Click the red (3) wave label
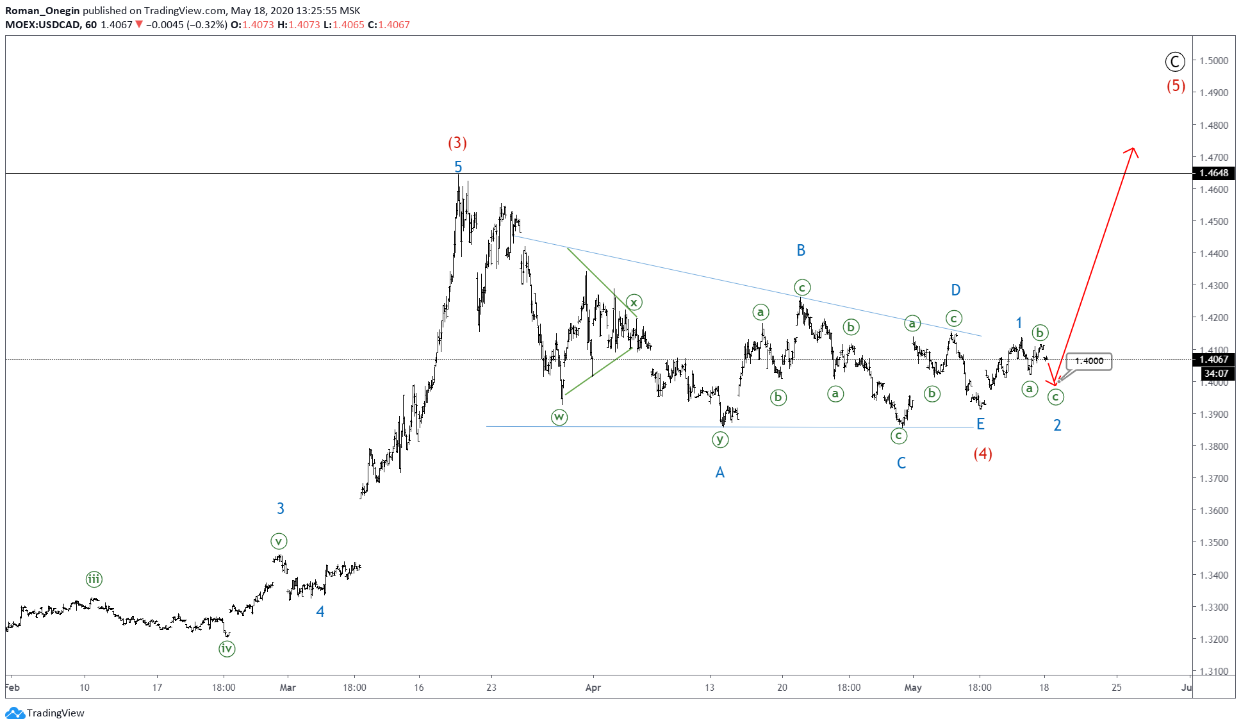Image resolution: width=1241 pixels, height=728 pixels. point(457,142)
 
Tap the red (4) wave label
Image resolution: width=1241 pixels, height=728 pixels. point(983,454)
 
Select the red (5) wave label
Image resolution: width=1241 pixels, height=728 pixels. point(1176,86)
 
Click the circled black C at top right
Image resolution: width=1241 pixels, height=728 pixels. point(1174,62)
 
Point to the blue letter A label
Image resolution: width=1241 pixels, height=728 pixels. point(720,473)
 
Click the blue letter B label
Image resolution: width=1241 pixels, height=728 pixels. point(801,251)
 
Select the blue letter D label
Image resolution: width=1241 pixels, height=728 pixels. point(955,290)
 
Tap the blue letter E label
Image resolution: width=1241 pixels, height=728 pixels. point(980,424)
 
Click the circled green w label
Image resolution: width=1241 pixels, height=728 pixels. point(559,417)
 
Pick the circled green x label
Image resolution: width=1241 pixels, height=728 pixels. point(634,302)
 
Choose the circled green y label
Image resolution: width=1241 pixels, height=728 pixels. point(720,440)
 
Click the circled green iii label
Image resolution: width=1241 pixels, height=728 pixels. point(94,580)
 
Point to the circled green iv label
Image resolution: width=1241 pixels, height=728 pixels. point(227,649)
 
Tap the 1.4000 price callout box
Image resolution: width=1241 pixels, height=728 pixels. point(1089,361)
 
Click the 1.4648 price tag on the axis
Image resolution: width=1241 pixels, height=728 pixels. point(1214,173)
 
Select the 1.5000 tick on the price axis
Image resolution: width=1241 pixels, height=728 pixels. point(1214,61)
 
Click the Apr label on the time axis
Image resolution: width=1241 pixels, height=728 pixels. point(593,688)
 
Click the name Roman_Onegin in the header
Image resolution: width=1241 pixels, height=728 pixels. point(42,11)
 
